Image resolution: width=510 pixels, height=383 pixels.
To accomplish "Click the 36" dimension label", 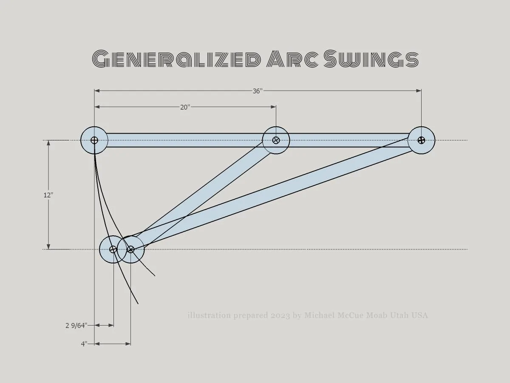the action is click(258, 91).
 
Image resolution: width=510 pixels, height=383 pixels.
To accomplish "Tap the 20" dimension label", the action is click(185, 107).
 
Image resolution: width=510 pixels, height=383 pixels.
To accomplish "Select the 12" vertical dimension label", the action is click(48, 195).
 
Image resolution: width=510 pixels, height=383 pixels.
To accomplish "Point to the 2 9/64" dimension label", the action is click(76, 325).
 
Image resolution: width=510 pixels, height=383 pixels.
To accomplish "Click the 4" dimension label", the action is click(84, 344).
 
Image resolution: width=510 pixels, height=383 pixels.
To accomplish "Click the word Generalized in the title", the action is click(176, 59).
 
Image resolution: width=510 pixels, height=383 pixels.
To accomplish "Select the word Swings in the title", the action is click(371, 59).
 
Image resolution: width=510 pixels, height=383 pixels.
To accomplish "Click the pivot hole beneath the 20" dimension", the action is click(276, 140).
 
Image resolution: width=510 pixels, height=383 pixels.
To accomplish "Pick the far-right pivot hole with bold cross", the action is click(421, 140).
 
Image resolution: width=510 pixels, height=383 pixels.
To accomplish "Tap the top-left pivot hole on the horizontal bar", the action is click(94, 140).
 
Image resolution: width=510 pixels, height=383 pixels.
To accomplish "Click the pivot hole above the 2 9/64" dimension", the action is click(113, 249).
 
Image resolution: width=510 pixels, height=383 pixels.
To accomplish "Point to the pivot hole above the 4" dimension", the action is click(130, 249).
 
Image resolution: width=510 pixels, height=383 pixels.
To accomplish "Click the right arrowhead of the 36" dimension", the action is click(419, 91).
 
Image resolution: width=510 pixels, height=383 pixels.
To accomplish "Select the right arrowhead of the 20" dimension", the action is click(273, 107).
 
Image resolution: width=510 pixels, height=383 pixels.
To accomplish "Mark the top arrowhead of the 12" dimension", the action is click(48, 143).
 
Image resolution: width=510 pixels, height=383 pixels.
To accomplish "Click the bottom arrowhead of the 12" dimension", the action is click(48, 246).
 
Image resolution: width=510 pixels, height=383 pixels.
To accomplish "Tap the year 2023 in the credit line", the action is click(280, 316).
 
